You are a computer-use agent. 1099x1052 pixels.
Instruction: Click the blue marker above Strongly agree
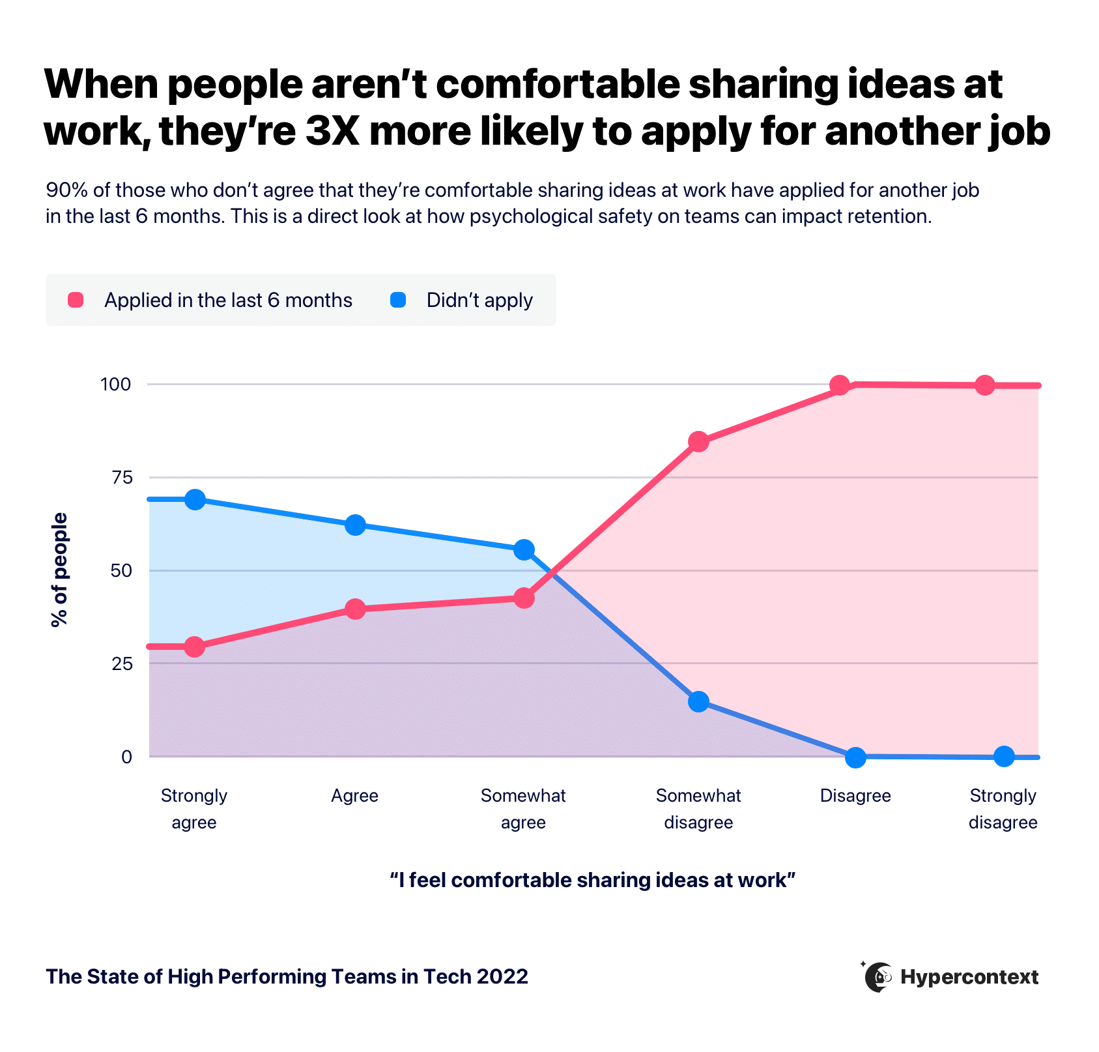tap(195, 500)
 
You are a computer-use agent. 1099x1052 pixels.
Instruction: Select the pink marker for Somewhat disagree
tap(698, 442)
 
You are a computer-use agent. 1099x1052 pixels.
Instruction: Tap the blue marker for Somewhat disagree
tap(698, 702)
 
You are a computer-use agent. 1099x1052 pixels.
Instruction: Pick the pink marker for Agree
tap(355, 609)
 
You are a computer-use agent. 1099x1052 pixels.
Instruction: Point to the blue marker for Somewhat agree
tap(524, 550)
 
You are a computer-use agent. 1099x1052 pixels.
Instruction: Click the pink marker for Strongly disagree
tap(985, 385)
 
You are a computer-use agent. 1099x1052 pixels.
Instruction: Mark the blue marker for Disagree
tap(855, 757)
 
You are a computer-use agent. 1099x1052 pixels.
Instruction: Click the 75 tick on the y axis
tap(122, 478)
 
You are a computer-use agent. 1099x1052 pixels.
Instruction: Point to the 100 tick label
tap(115, 385)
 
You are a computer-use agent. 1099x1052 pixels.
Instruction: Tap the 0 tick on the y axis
tap(126, 757)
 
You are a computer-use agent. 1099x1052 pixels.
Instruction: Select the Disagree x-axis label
tap(855, 796)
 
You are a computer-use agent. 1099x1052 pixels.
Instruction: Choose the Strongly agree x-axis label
tap(194, 808)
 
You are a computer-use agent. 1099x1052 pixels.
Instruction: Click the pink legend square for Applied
tap(76, 300)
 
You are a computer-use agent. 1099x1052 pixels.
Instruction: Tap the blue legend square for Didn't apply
tap(398, 300)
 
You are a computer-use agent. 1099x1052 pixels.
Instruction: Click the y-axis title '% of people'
tap(59, 570)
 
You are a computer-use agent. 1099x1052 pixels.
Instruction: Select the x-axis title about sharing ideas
tap(592, 880)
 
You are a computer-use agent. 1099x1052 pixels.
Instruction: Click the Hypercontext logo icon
tap(878, 977)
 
